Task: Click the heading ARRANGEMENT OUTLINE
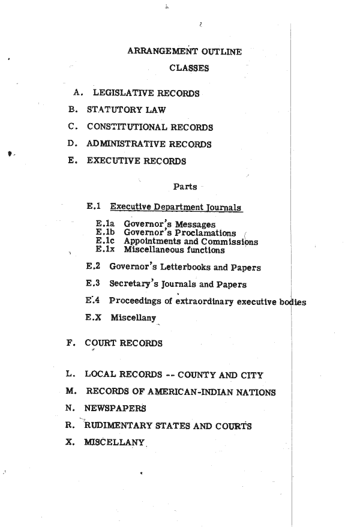pos(185,52)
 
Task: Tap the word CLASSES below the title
pos(189,68)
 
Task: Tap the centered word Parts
pos(185,186)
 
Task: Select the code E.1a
pos(105,224)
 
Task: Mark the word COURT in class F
pos(101,343)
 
